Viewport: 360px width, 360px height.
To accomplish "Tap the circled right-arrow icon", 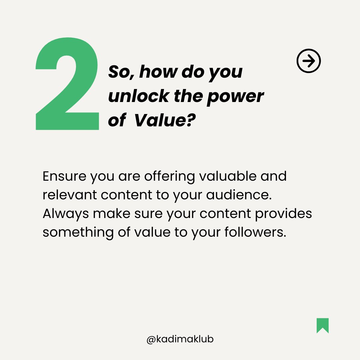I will (x=308, y=61).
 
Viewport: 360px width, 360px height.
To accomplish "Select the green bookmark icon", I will (x=322, y=325).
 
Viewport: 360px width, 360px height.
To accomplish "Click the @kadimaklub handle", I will (x=180, y=339).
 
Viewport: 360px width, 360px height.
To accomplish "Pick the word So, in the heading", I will (x=121, y=72).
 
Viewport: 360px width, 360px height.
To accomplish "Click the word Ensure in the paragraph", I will (x=64, y=176).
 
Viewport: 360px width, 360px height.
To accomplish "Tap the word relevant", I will (x=69, y=195).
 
